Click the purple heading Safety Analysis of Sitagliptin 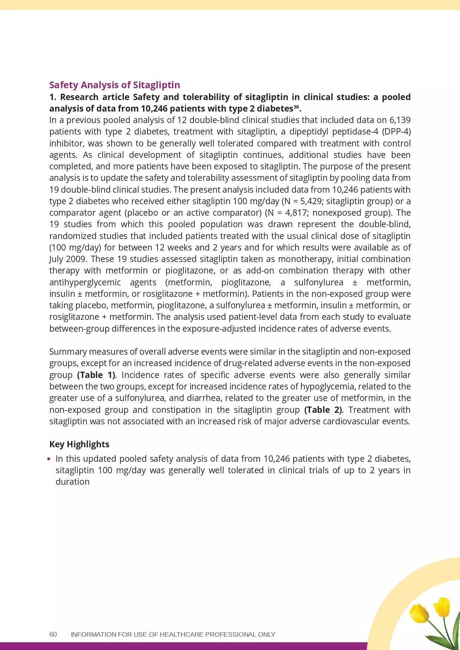pos(115,85)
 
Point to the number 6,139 pos(400,120)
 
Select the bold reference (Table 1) pos(96,375)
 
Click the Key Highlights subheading pos(79,444)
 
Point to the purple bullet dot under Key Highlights pos(50,459)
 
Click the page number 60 pos(53,634)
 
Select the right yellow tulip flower pos(441,607)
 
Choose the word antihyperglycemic pos(85,282)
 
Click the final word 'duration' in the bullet pos(73,482)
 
